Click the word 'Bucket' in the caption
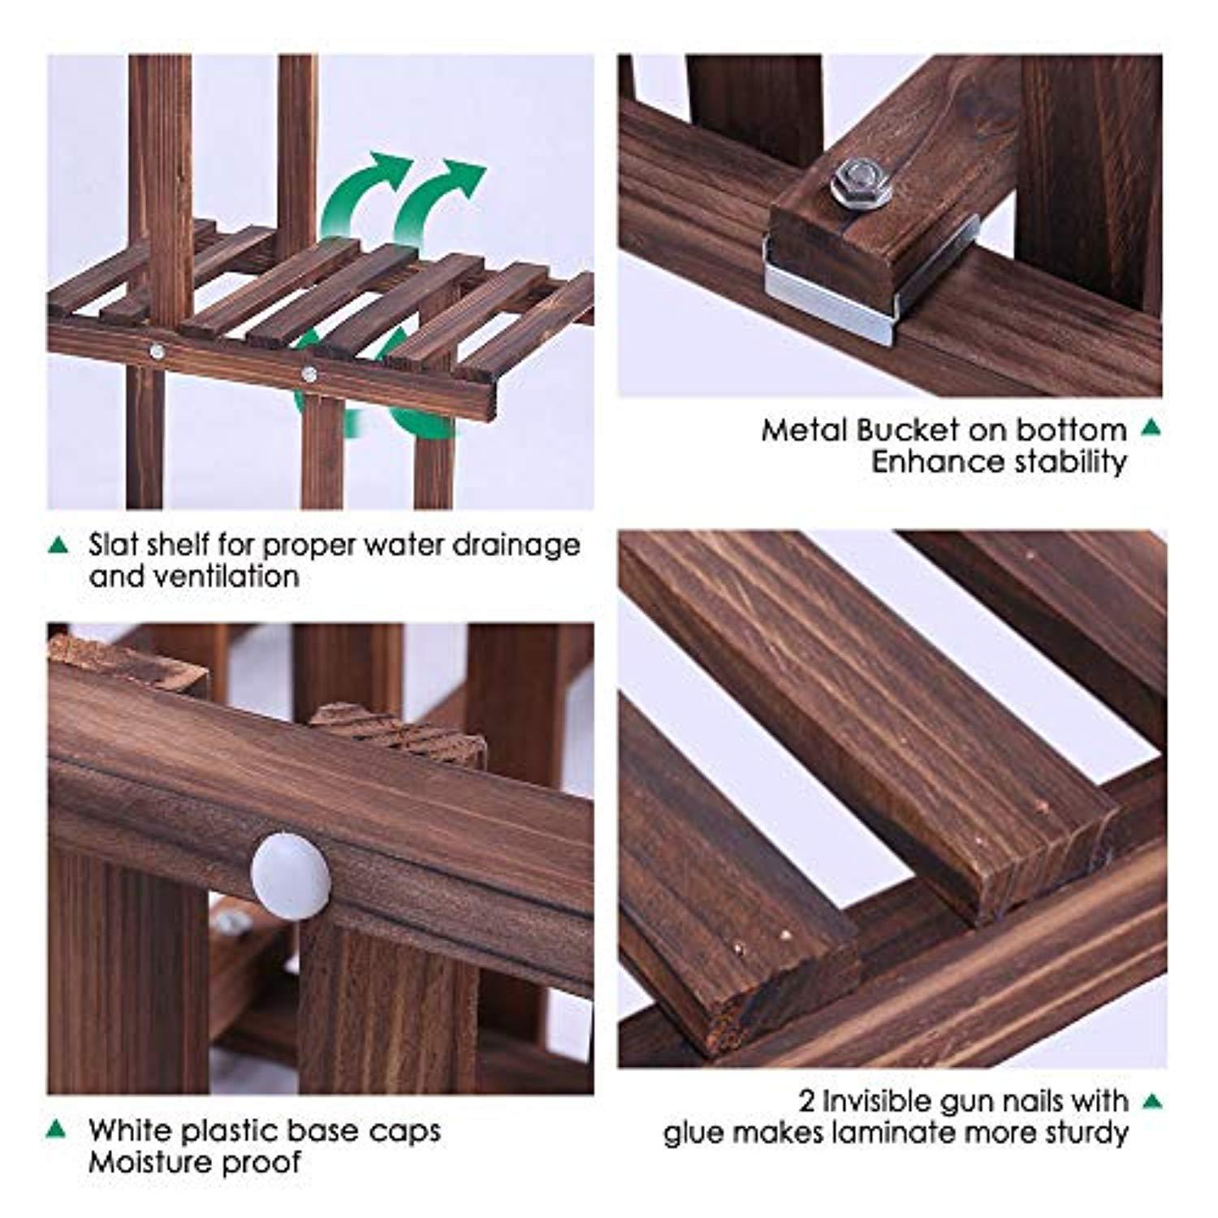[909, 430]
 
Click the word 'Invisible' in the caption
[883, 1101]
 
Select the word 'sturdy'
[1086, 1134]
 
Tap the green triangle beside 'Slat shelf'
[58, 544]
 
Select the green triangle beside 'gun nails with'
[1152, 1101]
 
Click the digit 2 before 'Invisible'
[806, 1102]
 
